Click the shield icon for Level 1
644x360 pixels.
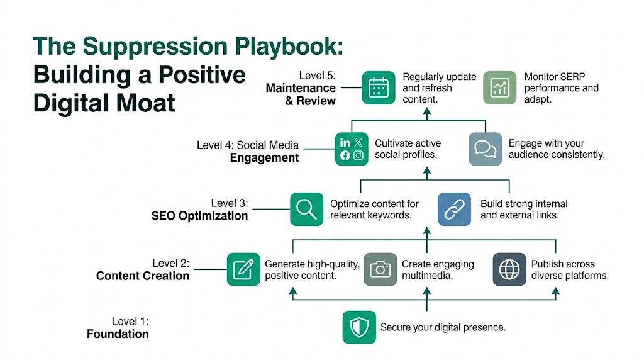point(359,327)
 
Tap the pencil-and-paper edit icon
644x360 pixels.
point(243,269)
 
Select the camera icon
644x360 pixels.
point(380,269)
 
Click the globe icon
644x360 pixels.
point(509,269)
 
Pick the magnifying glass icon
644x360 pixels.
point(306,209)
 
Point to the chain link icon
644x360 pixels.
point(454,209)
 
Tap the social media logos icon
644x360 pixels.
point(352,149)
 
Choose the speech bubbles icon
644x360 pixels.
point(485,149)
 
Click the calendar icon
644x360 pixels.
point(379,88)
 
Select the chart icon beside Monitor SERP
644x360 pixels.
point(499,88)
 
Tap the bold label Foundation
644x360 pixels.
point(118,334)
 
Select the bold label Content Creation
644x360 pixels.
point(143,276)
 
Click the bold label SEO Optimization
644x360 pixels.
point(199,216)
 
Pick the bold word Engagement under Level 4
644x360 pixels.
point(264,157)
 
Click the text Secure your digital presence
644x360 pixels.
point(443,327)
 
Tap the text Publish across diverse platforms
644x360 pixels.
point(569,270)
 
